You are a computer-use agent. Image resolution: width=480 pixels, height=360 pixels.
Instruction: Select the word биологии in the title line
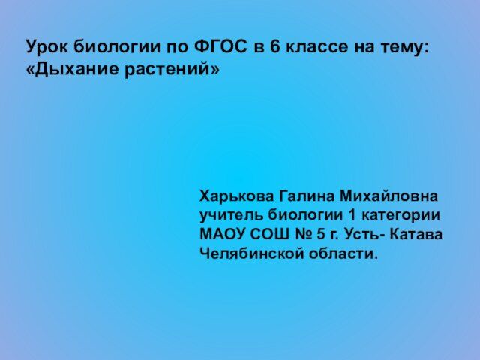click(x=118, y=46)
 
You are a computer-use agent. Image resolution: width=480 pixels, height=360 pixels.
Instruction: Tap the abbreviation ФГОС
click(x=220, y=46)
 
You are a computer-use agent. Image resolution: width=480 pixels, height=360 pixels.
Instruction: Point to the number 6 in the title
click(x=275, y=46)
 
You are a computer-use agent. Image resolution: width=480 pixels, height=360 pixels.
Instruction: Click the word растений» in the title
click(x=172, y=69)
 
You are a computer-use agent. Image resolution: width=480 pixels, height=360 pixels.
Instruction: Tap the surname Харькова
click(x=236, y=196)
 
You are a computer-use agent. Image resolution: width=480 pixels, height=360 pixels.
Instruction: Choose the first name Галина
click(x=307, y=196)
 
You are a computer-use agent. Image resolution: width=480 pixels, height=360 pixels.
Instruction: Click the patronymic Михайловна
click(x=388, y=196)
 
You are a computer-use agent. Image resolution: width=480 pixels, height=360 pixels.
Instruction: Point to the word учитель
click(x=232, y=215)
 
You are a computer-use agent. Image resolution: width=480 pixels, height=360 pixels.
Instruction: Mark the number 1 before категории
click(x=352, y=215)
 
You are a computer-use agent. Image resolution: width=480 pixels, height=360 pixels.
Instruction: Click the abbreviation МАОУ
click(x=222, y=235)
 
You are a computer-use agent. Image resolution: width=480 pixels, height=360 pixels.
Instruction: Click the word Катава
click(x=417, y=235)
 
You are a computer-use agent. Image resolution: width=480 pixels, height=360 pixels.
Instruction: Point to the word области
click(x=343, y=253)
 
